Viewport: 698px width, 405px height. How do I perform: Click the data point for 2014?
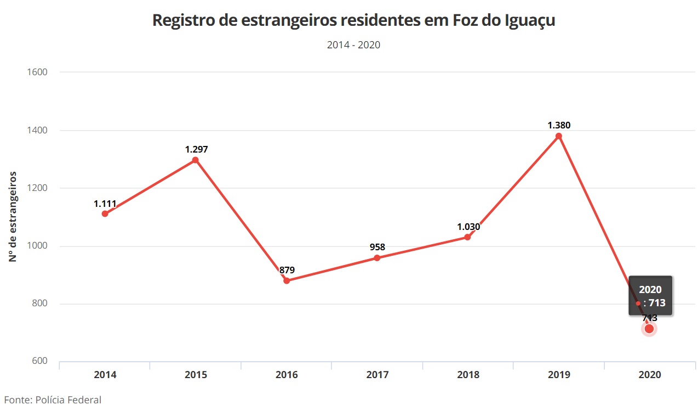[105, 213]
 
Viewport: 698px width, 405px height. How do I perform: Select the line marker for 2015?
[195, 160]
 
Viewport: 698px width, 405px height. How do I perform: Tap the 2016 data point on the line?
[287, 280]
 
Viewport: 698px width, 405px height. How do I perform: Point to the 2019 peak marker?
[559, 136]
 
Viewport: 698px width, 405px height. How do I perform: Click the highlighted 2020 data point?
[649, 329]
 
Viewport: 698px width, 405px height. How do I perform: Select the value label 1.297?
[197, 149]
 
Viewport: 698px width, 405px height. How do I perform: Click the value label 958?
[377, 247]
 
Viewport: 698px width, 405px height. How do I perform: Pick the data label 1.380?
[559, 125]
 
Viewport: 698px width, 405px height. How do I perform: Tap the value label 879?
[287, 270]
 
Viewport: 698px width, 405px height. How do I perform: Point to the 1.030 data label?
[468, 227]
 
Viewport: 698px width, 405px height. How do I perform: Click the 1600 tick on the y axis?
[37, 72]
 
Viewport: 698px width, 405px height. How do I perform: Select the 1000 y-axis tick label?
[37, 246]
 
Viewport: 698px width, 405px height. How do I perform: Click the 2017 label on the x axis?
[377, 375]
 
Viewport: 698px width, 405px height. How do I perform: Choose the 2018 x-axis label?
[468, 375]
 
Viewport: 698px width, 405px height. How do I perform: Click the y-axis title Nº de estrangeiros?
[13, 217]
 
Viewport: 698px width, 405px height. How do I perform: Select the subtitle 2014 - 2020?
[353, 45]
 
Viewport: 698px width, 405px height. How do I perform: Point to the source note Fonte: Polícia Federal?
[53, 400]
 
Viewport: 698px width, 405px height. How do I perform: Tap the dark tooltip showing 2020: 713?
[650, 296]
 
